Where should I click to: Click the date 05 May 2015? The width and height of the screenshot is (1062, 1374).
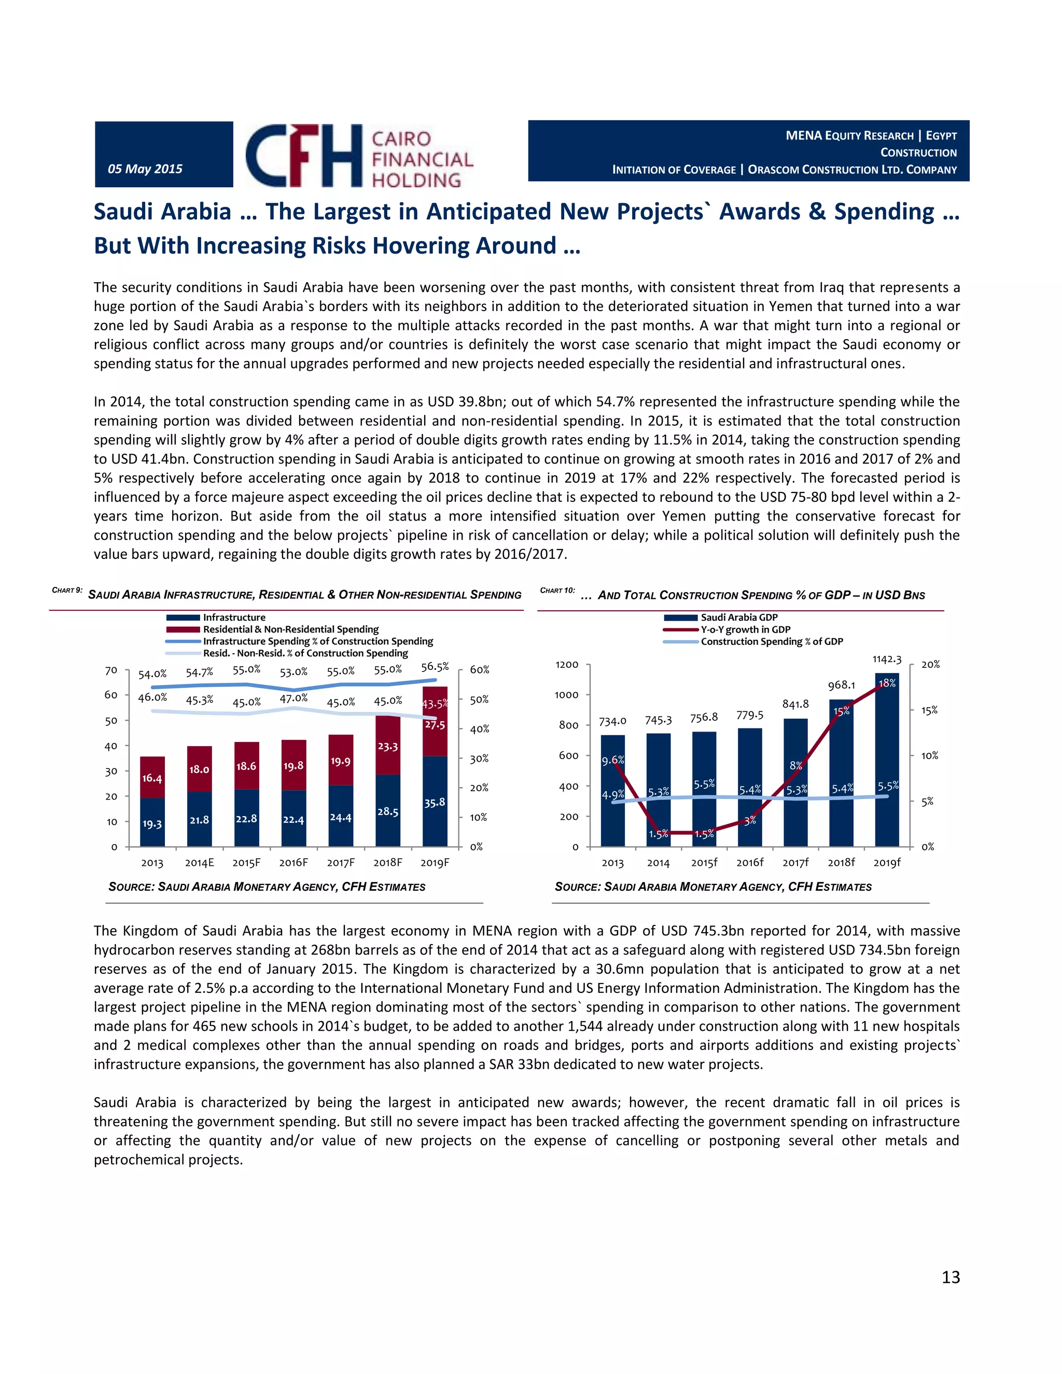coord(145,169)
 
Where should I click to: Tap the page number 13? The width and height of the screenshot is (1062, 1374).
coord(950,1277)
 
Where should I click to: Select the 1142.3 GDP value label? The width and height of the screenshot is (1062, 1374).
coord(886,660)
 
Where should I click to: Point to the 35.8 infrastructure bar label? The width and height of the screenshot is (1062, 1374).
coord(434,802)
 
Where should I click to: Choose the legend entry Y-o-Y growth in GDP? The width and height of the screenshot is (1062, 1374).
coord(745,629)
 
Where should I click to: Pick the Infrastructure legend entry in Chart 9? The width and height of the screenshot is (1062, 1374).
coord(233,617)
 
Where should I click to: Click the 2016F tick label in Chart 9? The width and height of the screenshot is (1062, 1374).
coord(293,863)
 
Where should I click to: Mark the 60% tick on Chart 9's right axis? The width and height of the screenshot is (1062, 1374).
coord(480,669)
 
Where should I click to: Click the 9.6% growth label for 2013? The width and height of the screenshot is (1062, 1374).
coord(612,760)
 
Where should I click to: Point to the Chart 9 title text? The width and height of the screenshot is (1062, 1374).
coord(304,595)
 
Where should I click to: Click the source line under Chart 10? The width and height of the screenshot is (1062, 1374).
coord(713,887)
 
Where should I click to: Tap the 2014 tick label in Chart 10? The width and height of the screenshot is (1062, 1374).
coord(658,863)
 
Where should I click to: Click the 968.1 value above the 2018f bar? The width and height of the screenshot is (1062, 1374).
coord(841,684)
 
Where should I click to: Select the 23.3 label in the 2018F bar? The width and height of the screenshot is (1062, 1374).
coord(387,746)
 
